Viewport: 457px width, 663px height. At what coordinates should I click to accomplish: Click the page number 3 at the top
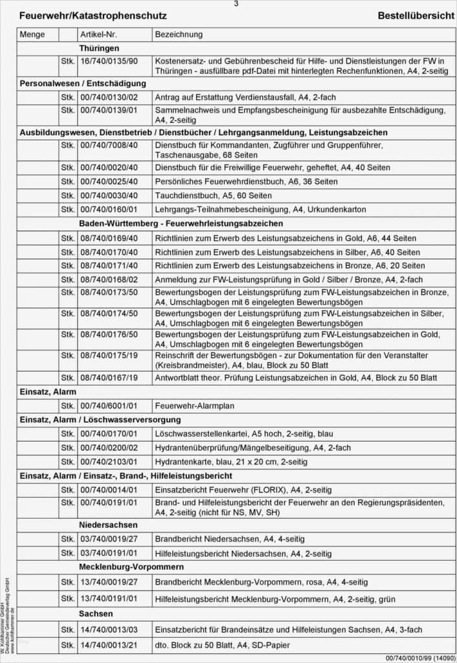236,4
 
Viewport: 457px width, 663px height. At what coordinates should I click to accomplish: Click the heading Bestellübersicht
416,16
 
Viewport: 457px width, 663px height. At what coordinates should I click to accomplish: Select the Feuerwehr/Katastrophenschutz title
93,16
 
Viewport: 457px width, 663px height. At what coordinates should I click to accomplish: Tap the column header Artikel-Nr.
100,34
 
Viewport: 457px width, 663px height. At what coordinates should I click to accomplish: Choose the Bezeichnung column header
179,34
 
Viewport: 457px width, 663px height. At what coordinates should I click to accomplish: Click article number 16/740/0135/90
109,61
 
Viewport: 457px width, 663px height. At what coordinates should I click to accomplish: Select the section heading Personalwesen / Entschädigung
83,84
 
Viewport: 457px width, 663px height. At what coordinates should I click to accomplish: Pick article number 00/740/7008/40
109,146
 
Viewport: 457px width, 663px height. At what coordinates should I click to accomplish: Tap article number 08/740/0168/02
109,280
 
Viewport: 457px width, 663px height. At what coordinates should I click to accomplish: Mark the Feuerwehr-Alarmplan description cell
194,407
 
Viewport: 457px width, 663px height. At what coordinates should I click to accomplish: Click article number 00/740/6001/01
109,407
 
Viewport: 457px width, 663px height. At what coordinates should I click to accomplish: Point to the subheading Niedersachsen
108,524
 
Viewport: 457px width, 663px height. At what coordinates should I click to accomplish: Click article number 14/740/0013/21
109,645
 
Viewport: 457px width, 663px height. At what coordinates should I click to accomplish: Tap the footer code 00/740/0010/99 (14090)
419,658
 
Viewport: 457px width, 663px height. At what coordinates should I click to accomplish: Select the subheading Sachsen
96,613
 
